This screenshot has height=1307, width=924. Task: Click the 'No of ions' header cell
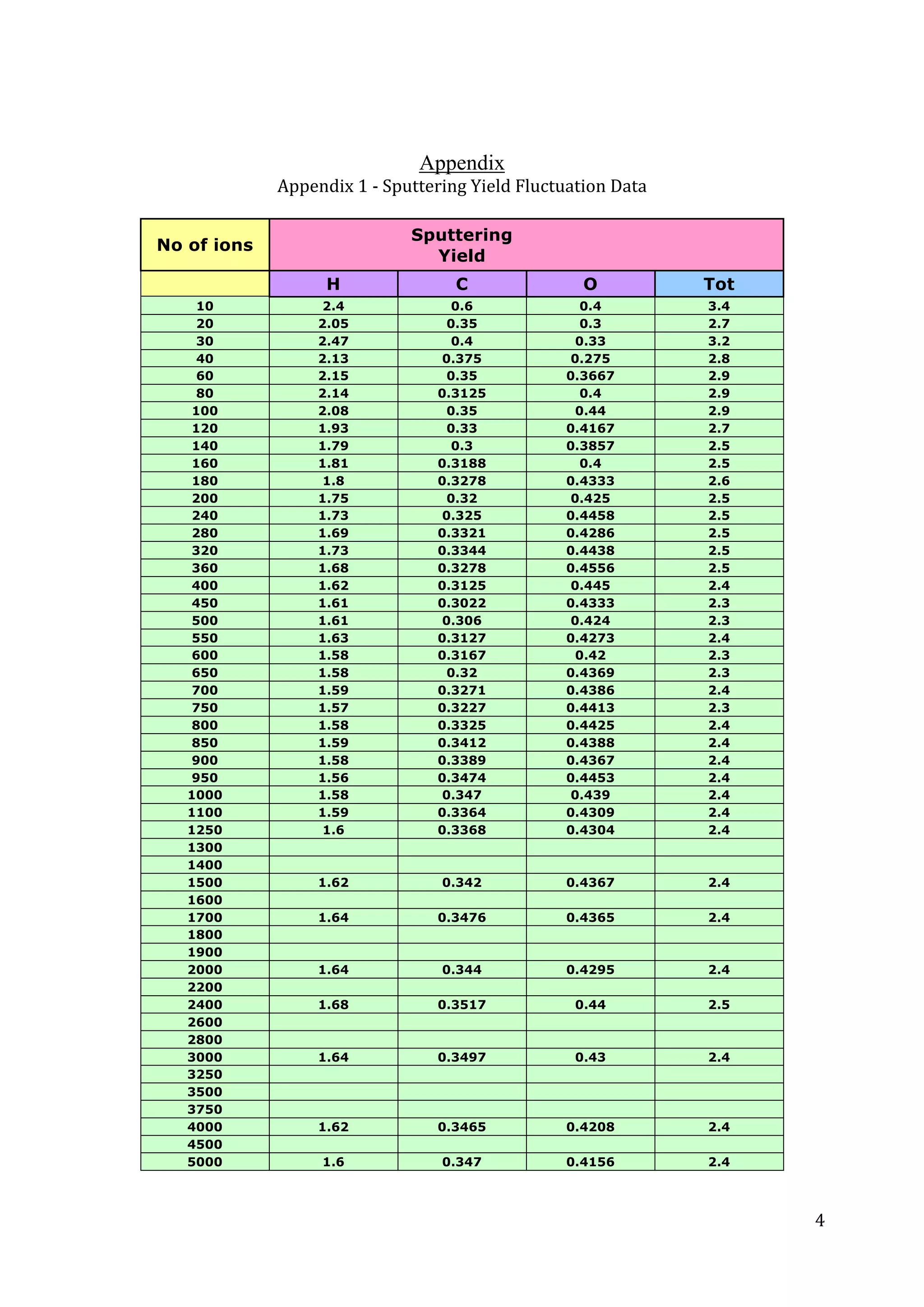pyautogui.click(x=205, y=245)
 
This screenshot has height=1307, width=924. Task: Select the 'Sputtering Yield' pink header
pyautogui.click(x=462, y=245)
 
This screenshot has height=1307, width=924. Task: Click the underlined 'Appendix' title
pyautogui.click(x=462, y=163)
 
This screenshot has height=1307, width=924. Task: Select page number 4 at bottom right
pyautogui.click(x=819, y=1220)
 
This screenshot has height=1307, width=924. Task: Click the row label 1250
pyautogui.click(x=205, y=830)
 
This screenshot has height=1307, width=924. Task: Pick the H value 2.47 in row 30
pyautogui.click(x=333, y=341)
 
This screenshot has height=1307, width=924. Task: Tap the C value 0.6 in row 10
pyautogui.click(x=462, y=306)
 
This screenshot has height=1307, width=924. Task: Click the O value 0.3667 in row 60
pyautogui.click(x=591, y=376)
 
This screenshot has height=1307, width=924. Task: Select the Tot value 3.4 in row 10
pyautogui.click(x=718, y=306)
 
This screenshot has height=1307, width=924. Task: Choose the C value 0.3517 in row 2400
pyautogui.click(x=462, y=1005)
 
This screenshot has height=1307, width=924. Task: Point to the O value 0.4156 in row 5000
pyautogui.click(x=591, y=1162)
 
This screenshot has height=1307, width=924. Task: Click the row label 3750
pyautogui.click(x=205, y=1109)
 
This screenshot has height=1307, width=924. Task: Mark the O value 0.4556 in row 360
pyautogui.click(x=591, y=568)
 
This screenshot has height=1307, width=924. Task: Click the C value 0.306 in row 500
pyautogui.click(x=462, y=620)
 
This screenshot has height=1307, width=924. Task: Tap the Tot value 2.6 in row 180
pyautogui.click(x=718, y=481)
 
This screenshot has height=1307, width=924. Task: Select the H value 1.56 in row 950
pyautogui.click(x=333, y=778)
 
